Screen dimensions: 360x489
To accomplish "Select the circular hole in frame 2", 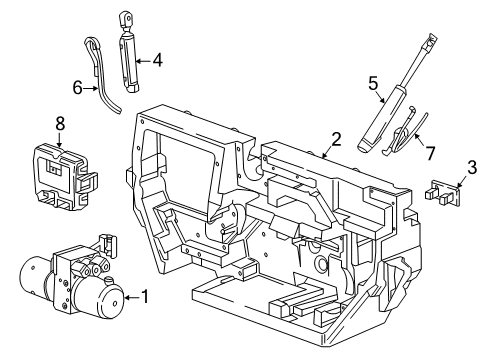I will tap(320, 266).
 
